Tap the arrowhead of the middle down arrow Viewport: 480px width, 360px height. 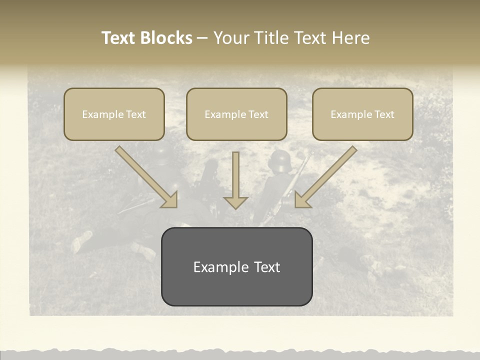[x=235, y=202]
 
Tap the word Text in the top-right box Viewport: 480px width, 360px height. [x=384, y=114]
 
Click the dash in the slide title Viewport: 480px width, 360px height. [x=202, y=38]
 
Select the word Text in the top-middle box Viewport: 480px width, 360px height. [x=258, y=114]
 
